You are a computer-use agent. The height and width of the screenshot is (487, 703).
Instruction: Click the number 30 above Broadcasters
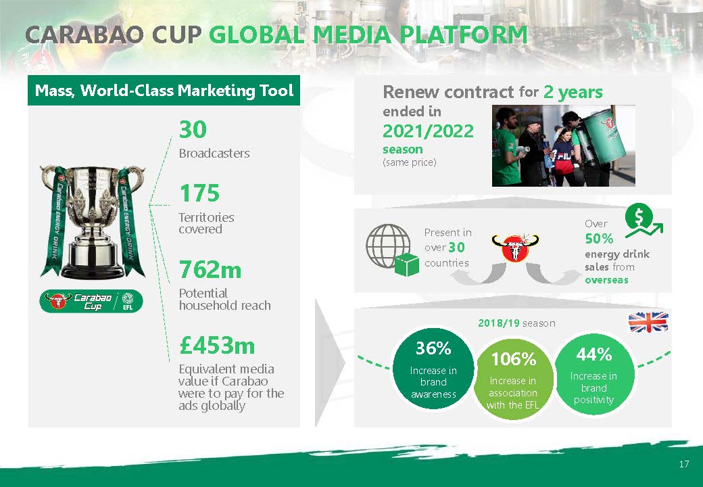pyautogui.click(x=193, y=130)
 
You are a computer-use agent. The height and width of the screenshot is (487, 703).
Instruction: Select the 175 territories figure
pyautogui.click(x=199, y=193)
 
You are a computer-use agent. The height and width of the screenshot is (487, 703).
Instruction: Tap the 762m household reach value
pyautogui.click(x=210, y=269)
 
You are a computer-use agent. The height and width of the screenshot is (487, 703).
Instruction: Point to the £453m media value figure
pyautogui.click(x=217, y=345)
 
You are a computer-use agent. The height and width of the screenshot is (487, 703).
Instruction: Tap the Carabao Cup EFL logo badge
pyautogui.click(x=91, y=302)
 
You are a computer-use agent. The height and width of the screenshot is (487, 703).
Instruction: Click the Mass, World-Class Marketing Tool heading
pyautogui.click(x=164, y=90)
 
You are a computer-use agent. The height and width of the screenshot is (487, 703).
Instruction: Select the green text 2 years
pyautogui.click(x=573, y=92)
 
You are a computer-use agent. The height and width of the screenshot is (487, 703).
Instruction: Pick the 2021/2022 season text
pyautogui.click(x=428, y=131)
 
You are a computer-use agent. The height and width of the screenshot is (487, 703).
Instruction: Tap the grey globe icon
pyautogui.click(x=388, y=246)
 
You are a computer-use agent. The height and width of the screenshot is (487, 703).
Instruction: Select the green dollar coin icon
pyautogui.click(x=639, y=218)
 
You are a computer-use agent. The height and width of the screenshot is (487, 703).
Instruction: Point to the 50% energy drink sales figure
pyautogui.click(x=599, y=239)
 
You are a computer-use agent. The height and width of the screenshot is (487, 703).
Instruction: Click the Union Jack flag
pyautogui.click(x=648, y=322)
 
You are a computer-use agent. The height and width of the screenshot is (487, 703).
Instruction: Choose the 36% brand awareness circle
pyautogui.click(x=433, y=369)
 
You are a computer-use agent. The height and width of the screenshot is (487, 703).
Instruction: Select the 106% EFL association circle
pyautogui.click(x=513, y=379)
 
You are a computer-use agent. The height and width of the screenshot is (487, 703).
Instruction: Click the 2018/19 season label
pyautogui.click(x=516, y=323)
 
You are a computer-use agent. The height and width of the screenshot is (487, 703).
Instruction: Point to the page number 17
pyautogui.click(x=683, y=464)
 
